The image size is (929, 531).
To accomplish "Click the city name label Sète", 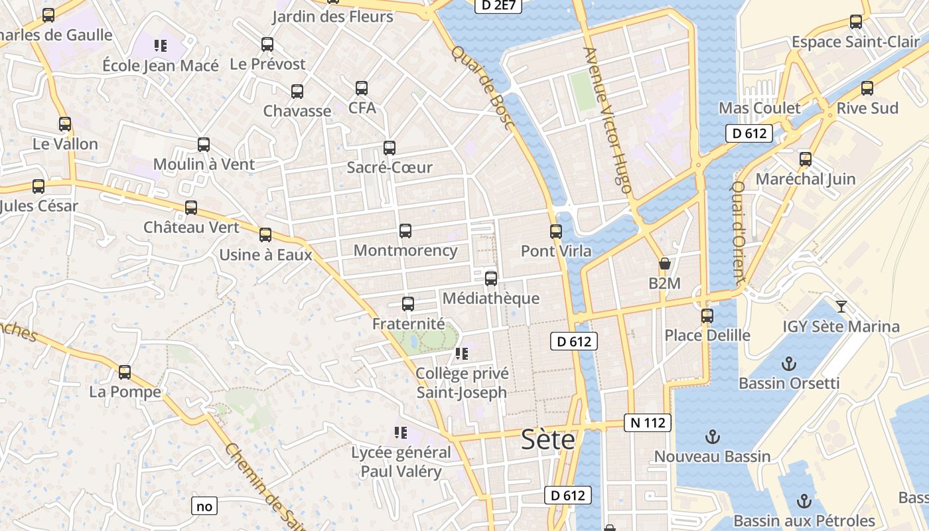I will coord(548,439).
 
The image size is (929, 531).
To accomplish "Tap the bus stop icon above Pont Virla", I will coord(556,232).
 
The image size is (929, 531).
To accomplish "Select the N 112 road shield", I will coord(648,422).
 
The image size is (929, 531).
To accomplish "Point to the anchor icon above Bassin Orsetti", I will coord(789,363).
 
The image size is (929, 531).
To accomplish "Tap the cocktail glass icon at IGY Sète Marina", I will coord(841,306).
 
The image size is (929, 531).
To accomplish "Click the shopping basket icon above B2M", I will coord(665,264).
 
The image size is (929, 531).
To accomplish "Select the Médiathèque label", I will coord(490,298).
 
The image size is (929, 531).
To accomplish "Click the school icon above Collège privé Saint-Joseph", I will coord(462,353).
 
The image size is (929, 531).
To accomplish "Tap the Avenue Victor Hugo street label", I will coord(607,119).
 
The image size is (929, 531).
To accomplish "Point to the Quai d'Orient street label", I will coord(741,232).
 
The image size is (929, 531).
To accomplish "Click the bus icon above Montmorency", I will coord(405,231).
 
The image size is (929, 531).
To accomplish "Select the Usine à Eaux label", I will coord(265,254).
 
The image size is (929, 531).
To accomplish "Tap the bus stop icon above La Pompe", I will coord(125,372).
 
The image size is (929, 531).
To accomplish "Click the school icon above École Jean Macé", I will coord(161,46).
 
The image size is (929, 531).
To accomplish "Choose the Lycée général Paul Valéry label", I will coord(401,462).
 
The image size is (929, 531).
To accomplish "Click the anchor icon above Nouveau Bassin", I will coord(712,437).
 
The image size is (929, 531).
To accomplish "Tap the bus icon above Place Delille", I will coord(707,315).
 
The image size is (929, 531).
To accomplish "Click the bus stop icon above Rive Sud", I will coord(867,88).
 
